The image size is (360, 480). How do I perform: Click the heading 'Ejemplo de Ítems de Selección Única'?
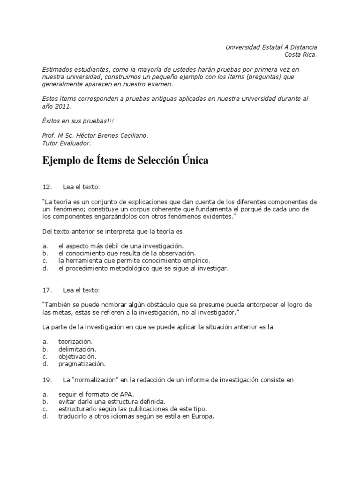tap(125, 161)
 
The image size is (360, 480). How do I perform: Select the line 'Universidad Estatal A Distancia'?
tap(271, 47)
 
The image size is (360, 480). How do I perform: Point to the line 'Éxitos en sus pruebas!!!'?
tap(78, 121)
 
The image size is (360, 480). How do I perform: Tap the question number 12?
tap(47, 187)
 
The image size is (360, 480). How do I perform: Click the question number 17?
tap(47, 290)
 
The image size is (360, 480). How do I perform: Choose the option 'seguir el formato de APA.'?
tap(96, 394)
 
